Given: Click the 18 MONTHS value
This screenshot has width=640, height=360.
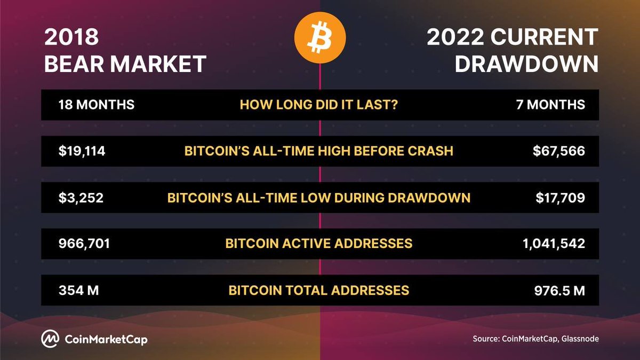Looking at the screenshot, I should (x=96, y=105).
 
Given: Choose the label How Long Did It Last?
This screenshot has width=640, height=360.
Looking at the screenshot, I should (x=319, y=105).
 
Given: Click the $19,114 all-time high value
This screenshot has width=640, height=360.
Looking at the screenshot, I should (x=82, y=151).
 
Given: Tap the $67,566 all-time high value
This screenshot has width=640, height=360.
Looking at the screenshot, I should (x=558, y=151).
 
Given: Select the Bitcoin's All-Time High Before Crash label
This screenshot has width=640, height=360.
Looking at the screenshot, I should (x=319, y=151).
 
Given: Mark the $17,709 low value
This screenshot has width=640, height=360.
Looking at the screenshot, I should (x=559, y=198).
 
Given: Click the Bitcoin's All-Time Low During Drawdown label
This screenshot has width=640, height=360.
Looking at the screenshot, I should (x=319, y=198).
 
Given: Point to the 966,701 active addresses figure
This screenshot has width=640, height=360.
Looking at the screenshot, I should (x=84, y=244).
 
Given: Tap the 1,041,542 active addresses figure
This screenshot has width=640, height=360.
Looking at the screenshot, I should (x=555, y=244).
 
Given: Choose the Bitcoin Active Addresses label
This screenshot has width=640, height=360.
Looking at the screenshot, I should (x=319, y=244).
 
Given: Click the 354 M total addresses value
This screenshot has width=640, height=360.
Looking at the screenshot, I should (x=79, y=290).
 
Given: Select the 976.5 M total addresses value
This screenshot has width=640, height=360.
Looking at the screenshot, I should (x=559, y=290).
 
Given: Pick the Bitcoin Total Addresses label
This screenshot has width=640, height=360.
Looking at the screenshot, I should (x=319, y=290).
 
